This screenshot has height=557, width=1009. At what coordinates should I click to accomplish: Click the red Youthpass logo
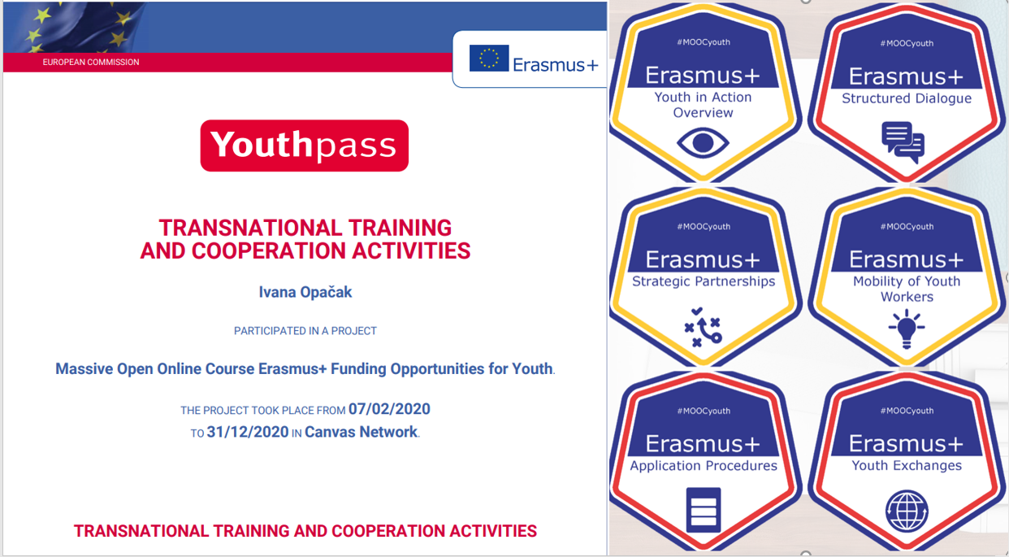click(305, 146)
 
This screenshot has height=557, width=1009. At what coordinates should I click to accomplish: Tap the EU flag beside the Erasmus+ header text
click(489, 59)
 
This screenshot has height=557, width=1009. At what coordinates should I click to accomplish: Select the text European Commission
click(91, 63)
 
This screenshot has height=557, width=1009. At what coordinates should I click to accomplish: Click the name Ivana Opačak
click(305, 292)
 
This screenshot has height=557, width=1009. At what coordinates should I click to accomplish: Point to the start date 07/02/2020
click(389, 409)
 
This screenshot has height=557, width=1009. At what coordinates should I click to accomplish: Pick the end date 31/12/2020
click(247, 432)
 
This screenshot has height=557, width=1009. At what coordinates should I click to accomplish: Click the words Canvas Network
click(362, 432)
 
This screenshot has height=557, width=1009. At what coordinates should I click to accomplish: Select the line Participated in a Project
click(305, 331)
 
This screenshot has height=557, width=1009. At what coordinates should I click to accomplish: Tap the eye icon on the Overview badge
click(703, 143)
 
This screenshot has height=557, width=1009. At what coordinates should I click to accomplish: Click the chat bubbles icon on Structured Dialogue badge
click(903, 142)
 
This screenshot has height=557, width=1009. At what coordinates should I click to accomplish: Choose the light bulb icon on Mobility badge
click(907, 329)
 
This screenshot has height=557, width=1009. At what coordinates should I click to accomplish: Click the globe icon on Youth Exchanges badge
click(907, 511)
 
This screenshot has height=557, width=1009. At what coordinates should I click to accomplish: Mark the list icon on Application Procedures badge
click(704, 510)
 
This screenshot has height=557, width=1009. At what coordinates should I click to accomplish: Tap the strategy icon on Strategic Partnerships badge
click(703, 327)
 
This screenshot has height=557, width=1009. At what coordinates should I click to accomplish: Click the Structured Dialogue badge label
click(907, 98)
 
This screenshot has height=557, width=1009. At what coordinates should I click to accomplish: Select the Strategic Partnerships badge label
click(704, 281)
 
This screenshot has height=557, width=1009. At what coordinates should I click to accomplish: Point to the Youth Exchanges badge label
click(907, 465)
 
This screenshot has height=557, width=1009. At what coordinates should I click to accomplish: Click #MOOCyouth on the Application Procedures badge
click(704, 411)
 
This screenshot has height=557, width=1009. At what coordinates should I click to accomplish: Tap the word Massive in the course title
click(84, 369)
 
